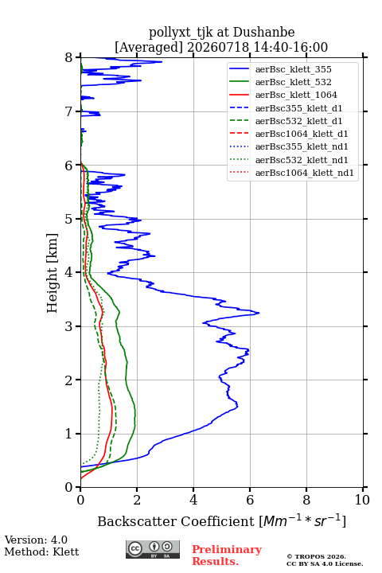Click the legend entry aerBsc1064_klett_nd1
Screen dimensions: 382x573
(x=292, y=173)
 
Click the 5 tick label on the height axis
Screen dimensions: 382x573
(x=69, y=219)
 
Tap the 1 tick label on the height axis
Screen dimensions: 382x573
(x=69, y=434)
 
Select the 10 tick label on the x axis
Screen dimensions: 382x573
(x=362, y=500)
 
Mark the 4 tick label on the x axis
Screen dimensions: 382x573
(x=193, y=500)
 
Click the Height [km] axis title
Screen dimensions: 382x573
(x=53, y=273)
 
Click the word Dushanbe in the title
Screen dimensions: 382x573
(x=263, y=33)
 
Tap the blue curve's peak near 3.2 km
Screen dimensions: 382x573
(x=259, y=313)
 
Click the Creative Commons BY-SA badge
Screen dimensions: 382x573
(x=153, y=549)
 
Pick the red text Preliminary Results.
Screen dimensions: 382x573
(x=227, y=555)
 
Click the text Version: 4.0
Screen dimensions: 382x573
(x=36, y=540)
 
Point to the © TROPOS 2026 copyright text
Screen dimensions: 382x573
(x=317, y=556)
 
